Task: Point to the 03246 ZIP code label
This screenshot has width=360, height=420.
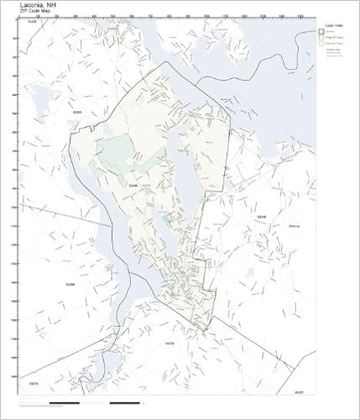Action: [x=133, y=186]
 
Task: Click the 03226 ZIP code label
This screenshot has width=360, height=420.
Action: [x=33, y=23]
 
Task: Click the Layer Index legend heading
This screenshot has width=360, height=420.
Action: [x=332, y=25]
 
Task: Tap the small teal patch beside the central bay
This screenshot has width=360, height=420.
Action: [x=165, y=218]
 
